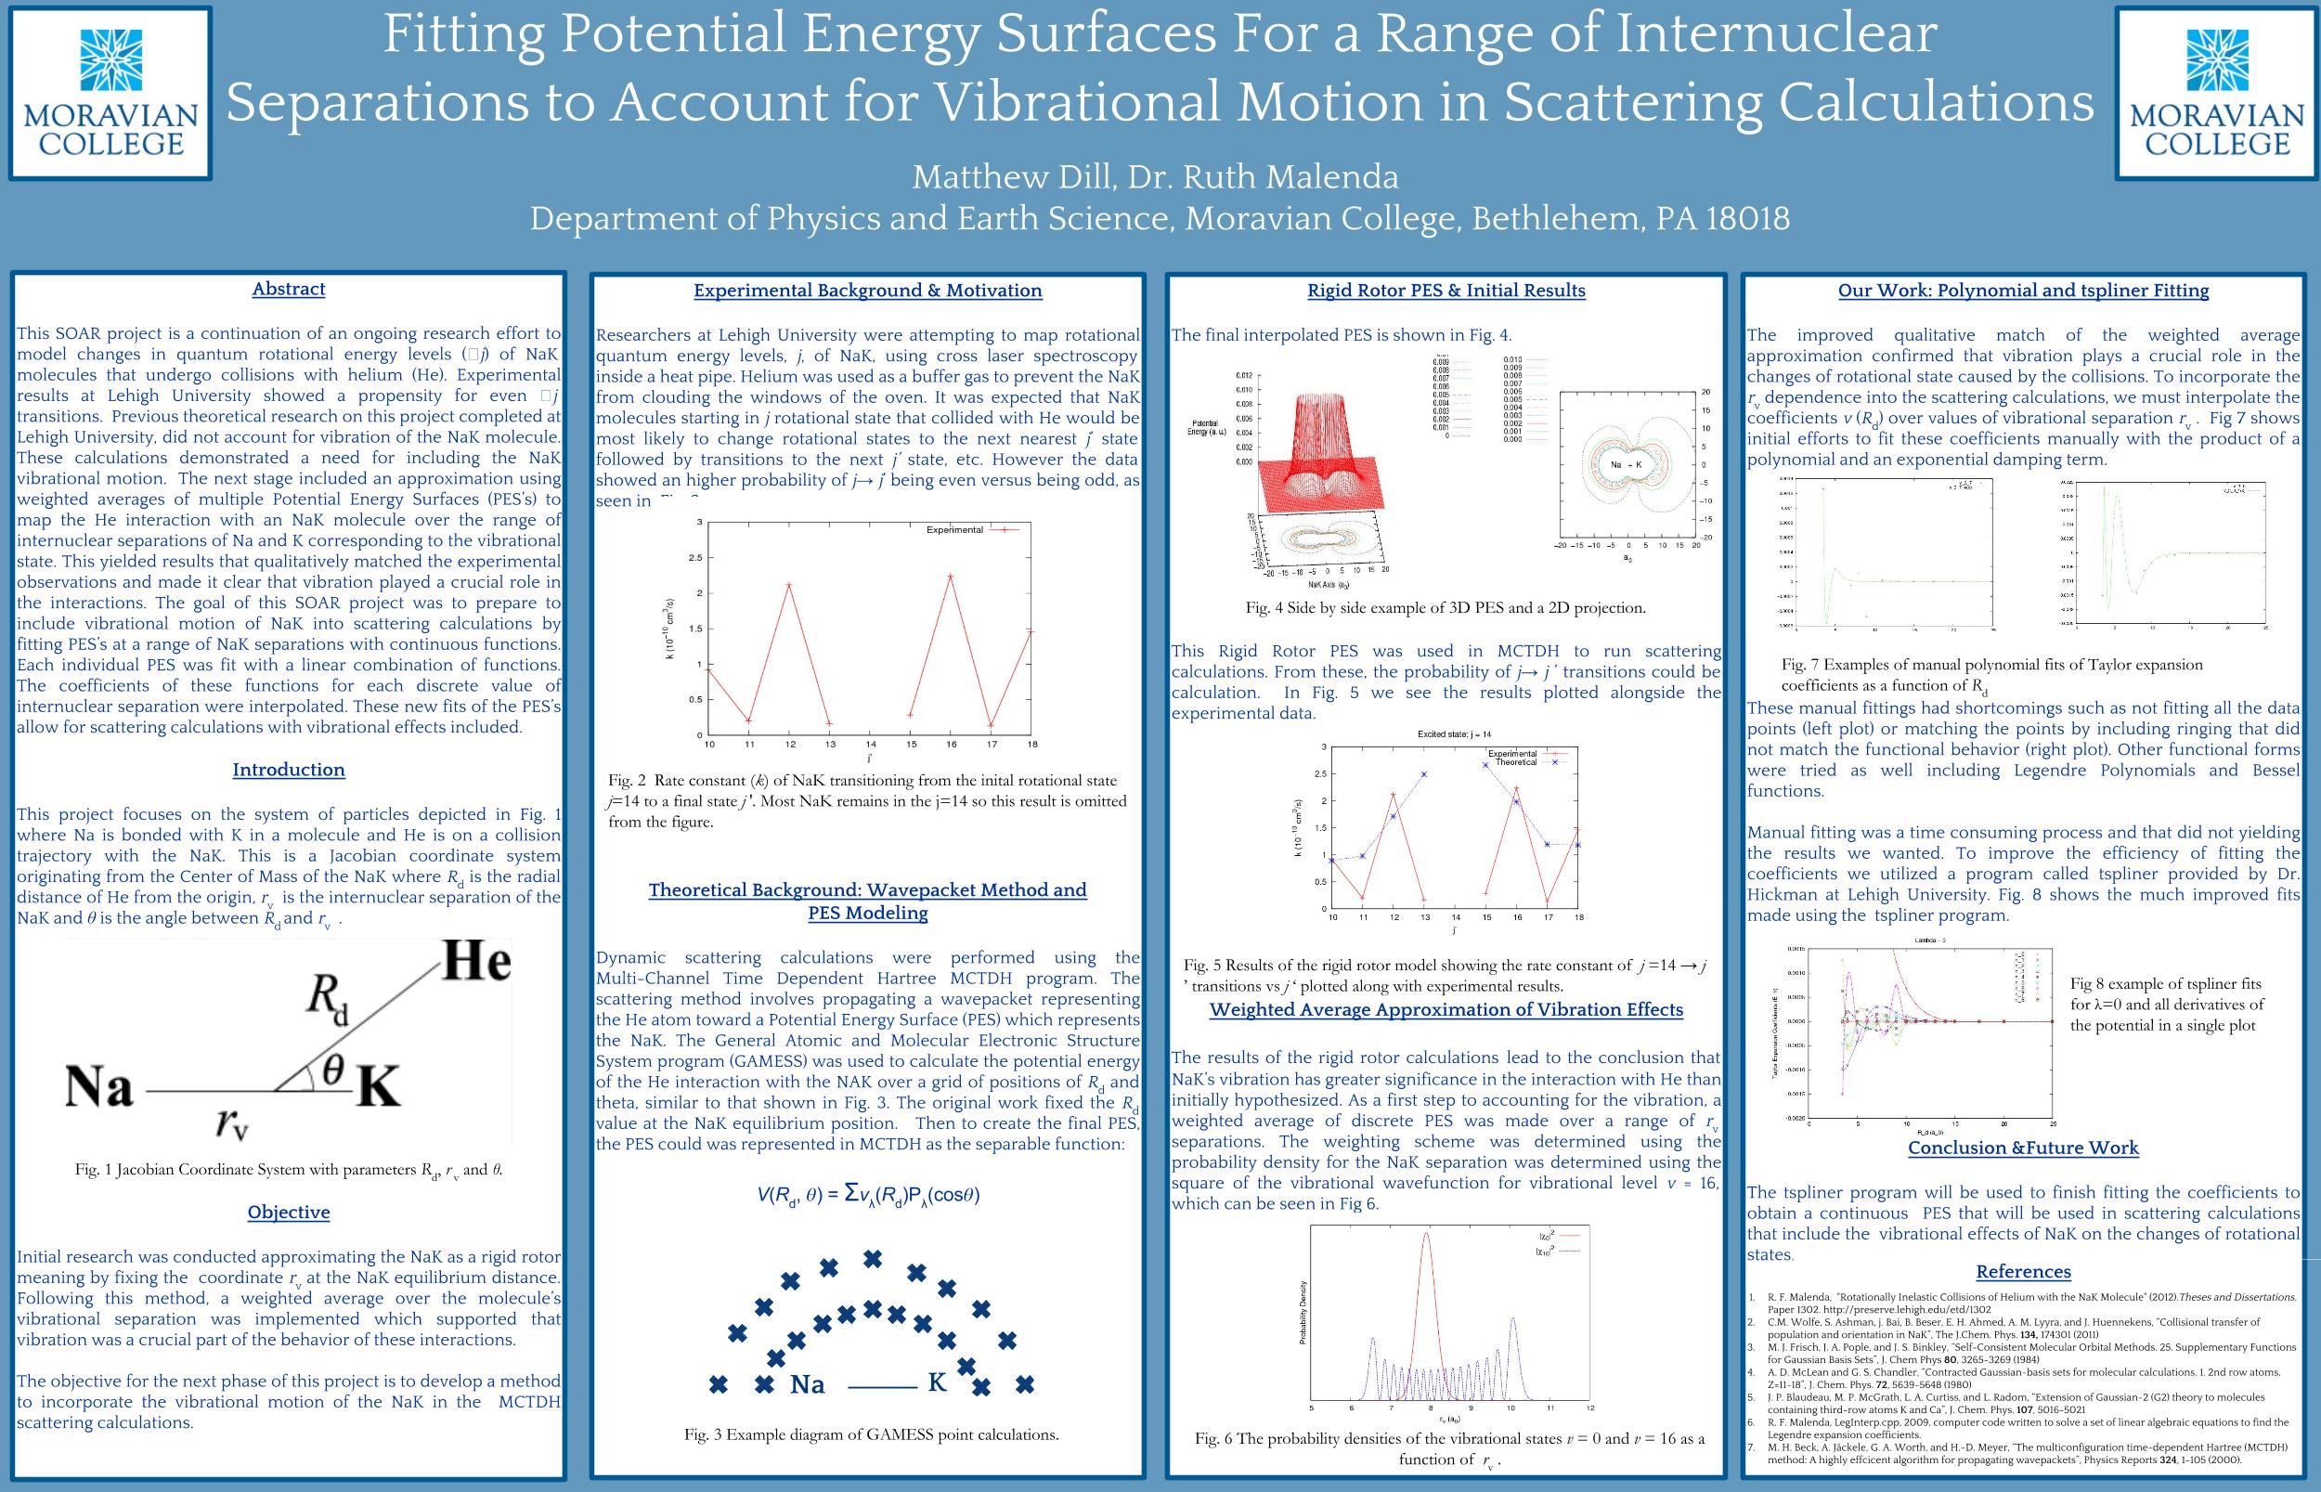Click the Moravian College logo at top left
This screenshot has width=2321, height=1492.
pyautogui.click(x=110, y=93)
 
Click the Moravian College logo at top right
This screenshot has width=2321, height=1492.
pyautogui.click(x=2216, y=93)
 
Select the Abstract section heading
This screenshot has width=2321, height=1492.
pyautogui.click(x=289, y=289)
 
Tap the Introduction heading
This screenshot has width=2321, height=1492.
pyautogui.click(x=289, y=771)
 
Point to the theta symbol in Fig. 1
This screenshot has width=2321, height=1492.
pyautogui.click(x=332, y=1068)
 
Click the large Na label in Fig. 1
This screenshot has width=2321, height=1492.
pyautogui.click(x=98, y=1087)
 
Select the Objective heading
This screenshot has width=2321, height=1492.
pyautogui.click(x=289, y=1212)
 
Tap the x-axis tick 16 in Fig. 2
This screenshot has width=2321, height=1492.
pyautogui.click(x=952, y=744)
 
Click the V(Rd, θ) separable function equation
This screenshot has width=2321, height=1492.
pyautogui.click(x=868, y=1195)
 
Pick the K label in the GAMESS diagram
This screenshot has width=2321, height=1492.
pyautogui.click(x=937, y=1382)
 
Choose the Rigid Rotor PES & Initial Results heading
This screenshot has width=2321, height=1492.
pyautogui.click(x=1446, y=291)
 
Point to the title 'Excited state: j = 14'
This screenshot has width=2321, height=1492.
pyautogui.click(x=1453, y=733)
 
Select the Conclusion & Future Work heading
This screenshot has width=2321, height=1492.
pyautogui.click(x=2023, y=1148)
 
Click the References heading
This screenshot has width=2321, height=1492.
pyautogui.click(x=2023, y=1272)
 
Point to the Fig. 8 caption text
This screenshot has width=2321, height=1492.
pyautogui.click(x=2166, y=1005)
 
